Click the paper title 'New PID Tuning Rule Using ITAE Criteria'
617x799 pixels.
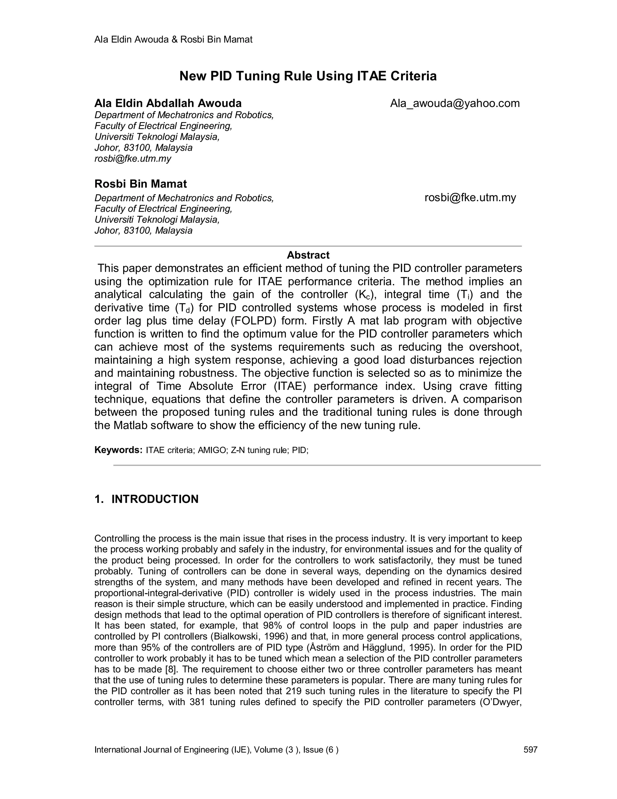(308, 76)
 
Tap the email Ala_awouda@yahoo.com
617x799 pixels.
(455, 103)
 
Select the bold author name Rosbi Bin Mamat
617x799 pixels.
(140, 184)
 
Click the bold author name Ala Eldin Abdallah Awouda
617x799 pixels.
(168, 103)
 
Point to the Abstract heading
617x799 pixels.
(308, 255)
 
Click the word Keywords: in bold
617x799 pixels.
(118, 450)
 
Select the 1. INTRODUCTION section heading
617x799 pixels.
(146, 499)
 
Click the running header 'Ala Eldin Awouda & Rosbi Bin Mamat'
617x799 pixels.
(173, 39)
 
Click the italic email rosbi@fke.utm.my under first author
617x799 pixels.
(133, 159)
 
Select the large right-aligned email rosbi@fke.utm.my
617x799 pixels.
(470, 198)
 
